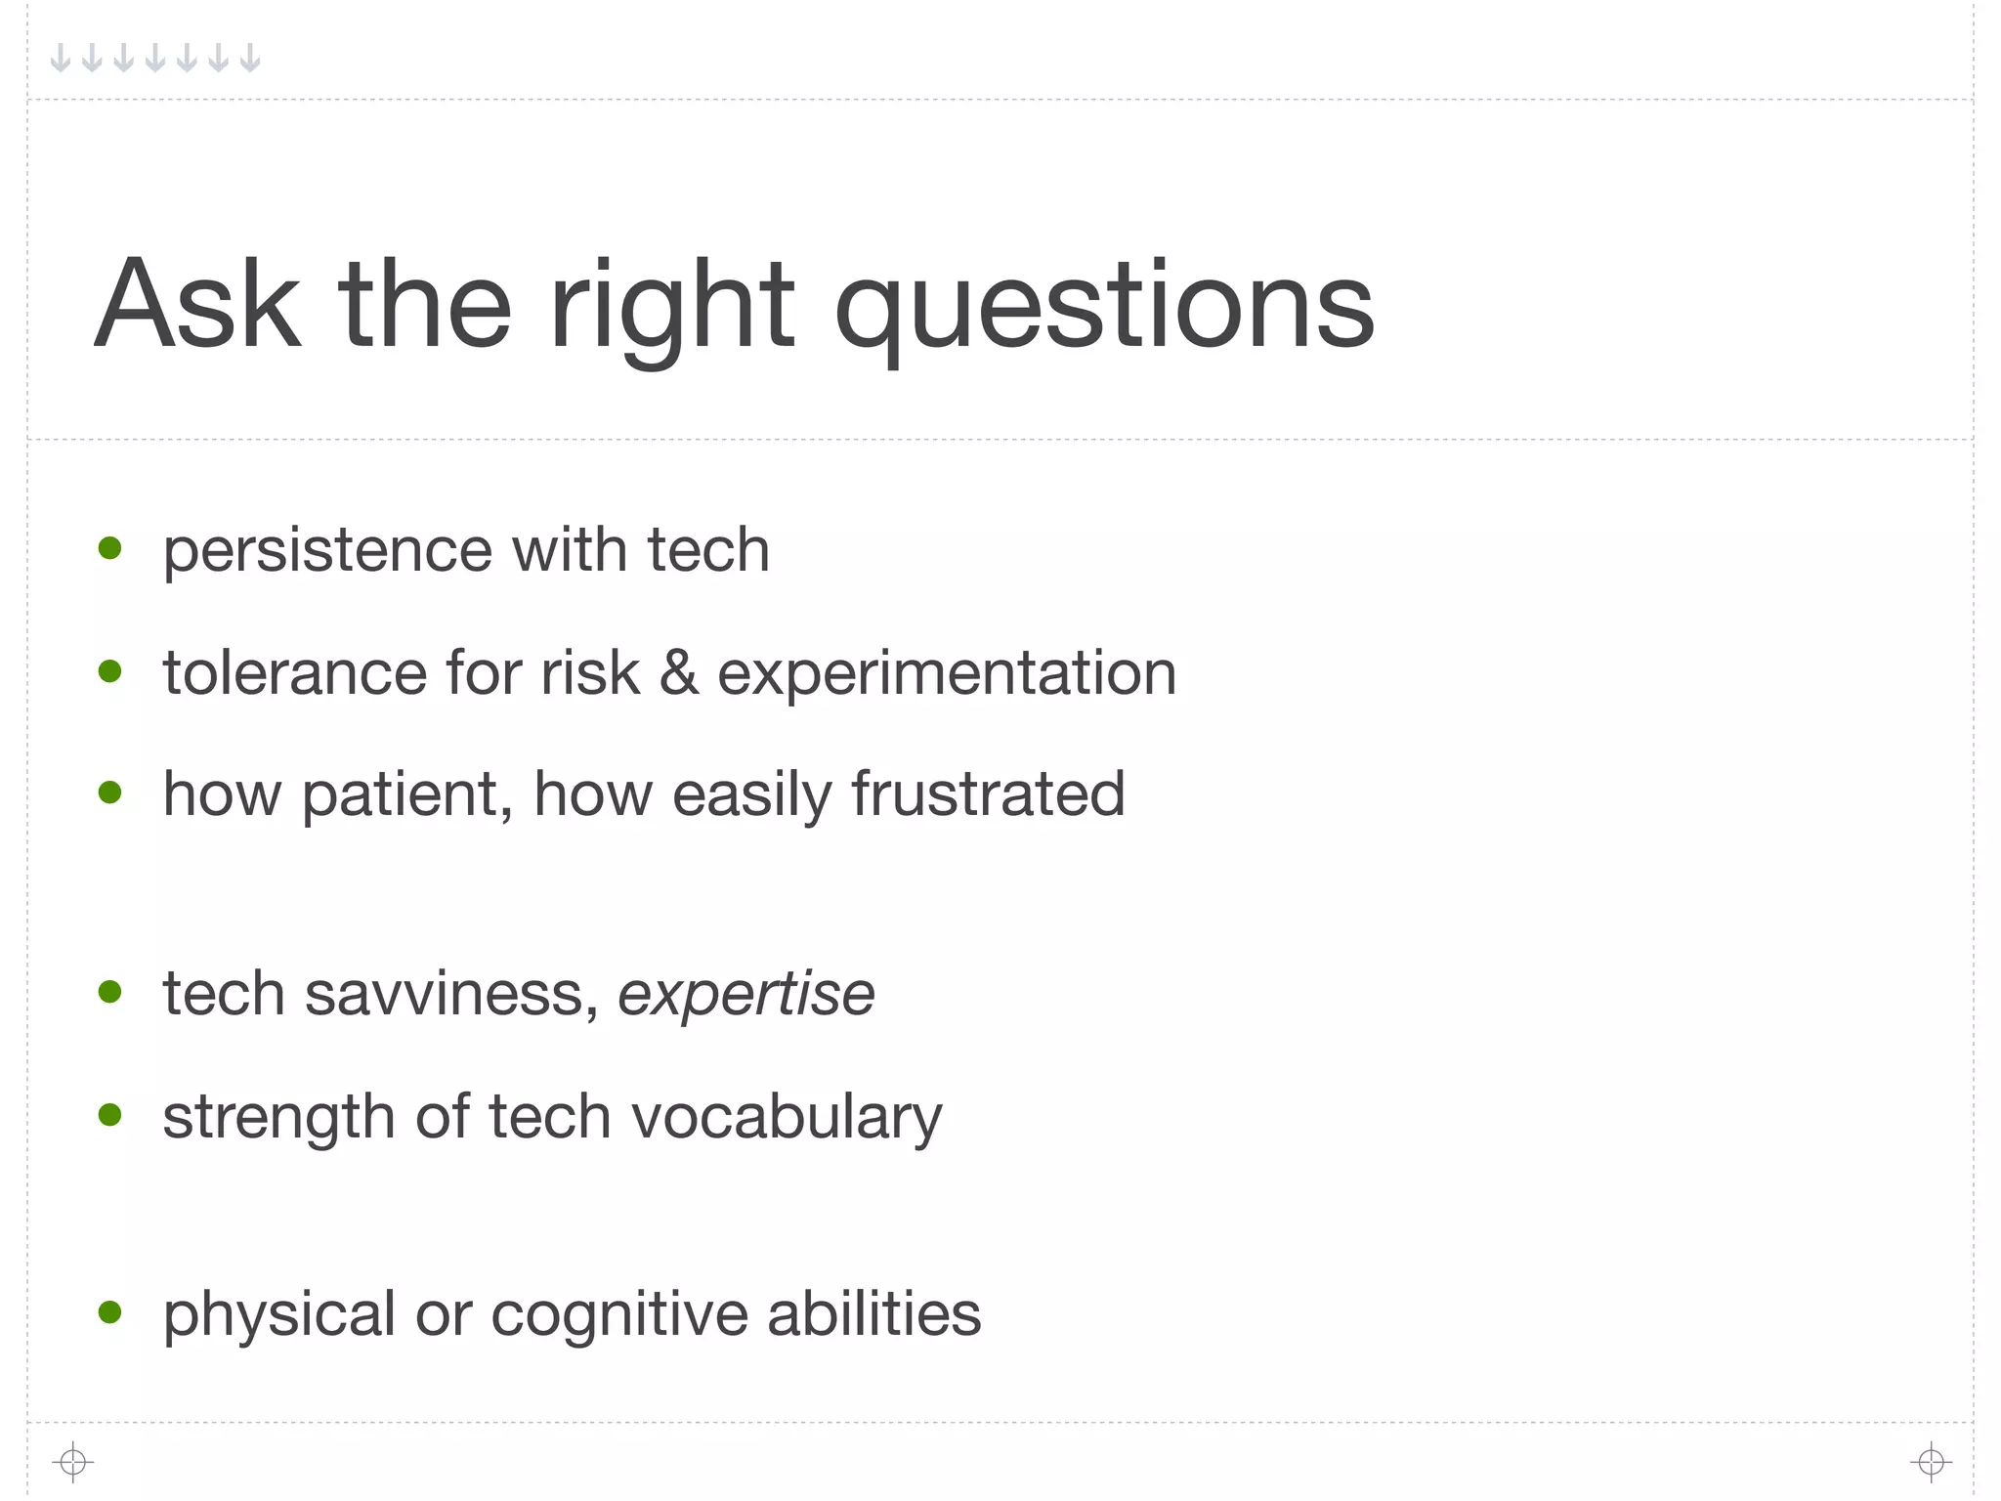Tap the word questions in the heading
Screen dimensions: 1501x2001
point(1104,308)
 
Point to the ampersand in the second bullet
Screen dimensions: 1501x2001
point(679,673)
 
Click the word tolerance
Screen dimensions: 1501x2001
point(295,673)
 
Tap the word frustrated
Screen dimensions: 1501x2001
point(988,793)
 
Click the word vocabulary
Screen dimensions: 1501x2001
point(787,1118)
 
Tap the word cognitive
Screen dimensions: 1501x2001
point(619,1315)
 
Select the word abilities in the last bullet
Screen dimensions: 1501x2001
point(873,1313)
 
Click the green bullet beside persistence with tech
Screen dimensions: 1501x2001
point(110,548)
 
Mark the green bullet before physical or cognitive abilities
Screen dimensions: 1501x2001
point(110,1311)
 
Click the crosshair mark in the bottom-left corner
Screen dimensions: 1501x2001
point(73,1462)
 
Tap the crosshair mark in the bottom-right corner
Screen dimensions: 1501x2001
point(1931,1462)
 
